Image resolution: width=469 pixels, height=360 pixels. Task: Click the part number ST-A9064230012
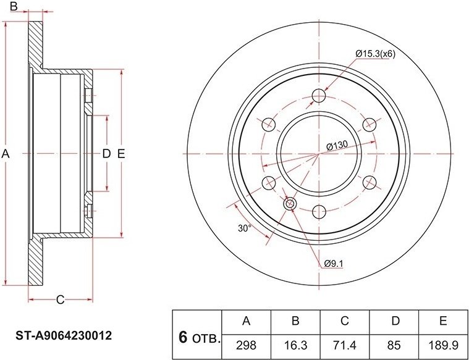click(x=64, y=335)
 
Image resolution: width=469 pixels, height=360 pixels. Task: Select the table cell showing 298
click(x=246, y=346)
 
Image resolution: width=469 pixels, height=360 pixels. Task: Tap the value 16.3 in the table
click(x=295, y=346)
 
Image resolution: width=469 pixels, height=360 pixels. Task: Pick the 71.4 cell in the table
click(x=345, y=346)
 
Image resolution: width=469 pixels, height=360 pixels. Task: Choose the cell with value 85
click(x=394, y=346)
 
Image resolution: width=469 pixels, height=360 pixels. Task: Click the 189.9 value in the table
click(x=443, y=346)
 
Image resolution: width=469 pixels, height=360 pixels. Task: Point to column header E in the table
click(x=443, y=320)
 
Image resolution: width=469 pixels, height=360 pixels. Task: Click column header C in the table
click(x=345, y=320)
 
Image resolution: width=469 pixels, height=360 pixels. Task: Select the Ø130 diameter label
click(x=337, y=146)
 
